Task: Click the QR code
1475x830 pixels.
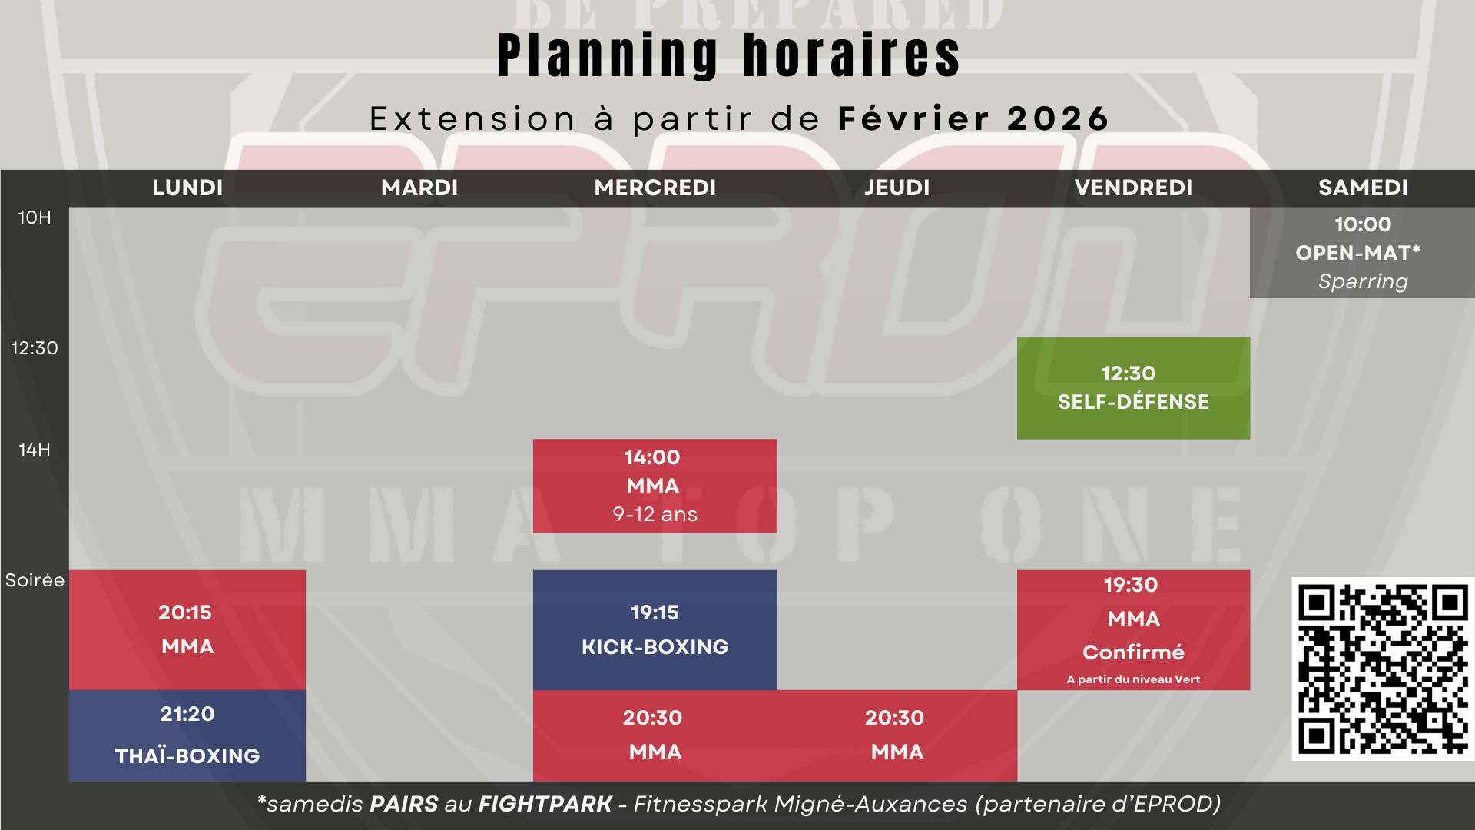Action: (x=1383, y=669)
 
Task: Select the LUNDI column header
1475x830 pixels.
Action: (x=187, y=188)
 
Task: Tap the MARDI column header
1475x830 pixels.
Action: (x=419, y=188)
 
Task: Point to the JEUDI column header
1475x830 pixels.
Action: (x=897, y=188)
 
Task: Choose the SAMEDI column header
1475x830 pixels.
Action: (x=1363, y=188)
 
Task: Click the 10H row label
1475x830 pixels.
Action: (x=35, y=217)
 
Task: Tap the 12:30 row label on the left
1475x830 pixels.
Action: (x=35, y=348)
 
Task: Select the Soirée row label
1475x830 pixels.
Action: (x=35, y=580)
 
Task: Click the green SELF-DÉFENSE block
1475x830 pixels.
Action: (x=1133, y=388)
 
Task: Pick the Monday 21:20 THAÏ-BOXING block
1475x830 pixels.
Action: (x=187, y=735)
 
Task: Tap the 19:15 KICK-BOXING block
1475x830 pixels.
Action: (x=655, y=630)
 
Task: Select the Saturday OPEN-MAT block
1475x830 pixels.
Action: (x=1362, y=253)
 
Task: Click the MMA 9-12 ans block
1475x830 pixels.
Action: (x=655, y=486)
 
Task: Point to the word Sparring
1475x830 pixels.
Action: (x=1363, y=282)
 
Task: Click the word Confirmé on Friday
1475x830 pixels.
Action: (x=1133, y=652)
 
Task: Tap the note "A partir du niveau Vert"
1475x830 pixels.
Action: (x=1133, y=679)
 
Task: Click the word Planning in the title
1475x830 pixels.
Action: (x=608, y=55)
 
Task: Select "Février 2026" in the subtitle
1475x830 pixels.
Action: (x=973, y=118)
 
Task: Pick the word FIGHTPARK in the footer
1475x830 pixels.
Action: (x=545, y=804)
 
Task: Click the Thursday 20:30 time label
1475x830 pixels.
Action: (x=894, y=718)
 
